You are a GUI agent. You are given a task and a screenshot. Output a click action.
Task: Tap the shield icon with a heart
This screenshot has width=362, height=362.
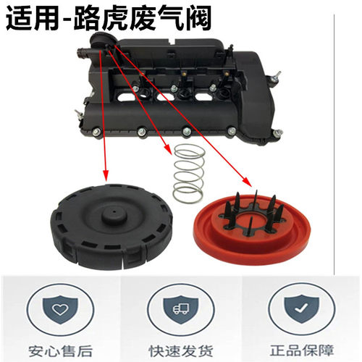[62, 307]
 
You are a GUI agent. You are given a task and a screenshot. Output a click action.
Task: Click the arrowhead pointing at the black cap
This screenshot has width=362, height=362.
[106, 178]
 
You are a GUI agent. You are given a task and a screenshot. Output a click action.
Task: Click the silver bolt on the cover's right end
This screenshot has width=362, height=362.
[276, 73]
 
